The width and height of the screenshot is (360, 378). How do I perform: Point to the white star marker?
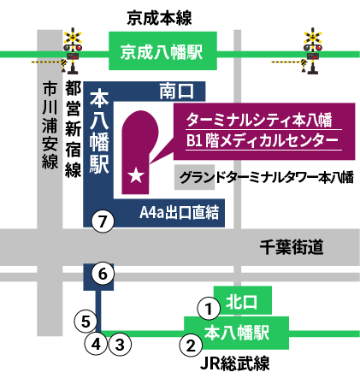coord(135,176)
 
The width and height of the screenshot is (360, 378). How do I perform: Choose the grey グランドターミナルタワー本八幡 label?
coord(265,179)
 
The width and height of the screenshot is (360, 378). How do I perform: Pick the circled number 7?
coord(103,221)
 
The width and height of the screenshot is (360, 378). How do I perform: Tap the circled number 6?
coord(101,275)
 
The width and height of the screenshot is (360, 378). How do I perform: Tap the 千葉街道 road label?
coord(292,249)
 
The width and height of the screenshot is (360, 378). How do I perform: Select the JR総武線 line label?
coord(235,363)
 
